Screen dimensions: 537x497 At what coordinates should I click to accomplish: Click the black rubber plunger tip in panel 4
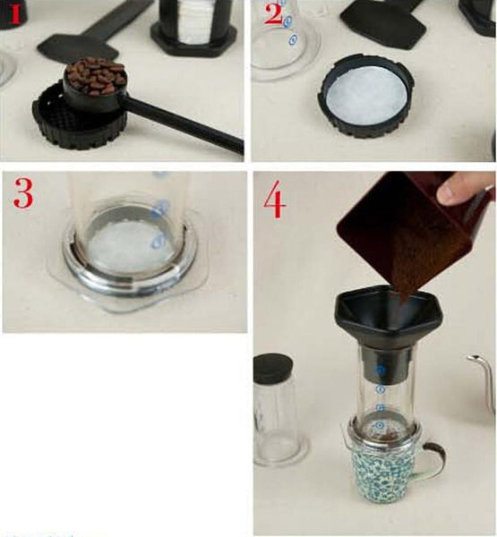pos(273,368)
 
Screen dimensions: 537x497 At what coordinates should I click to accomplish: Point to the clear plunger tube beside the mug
pos(277,421)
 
